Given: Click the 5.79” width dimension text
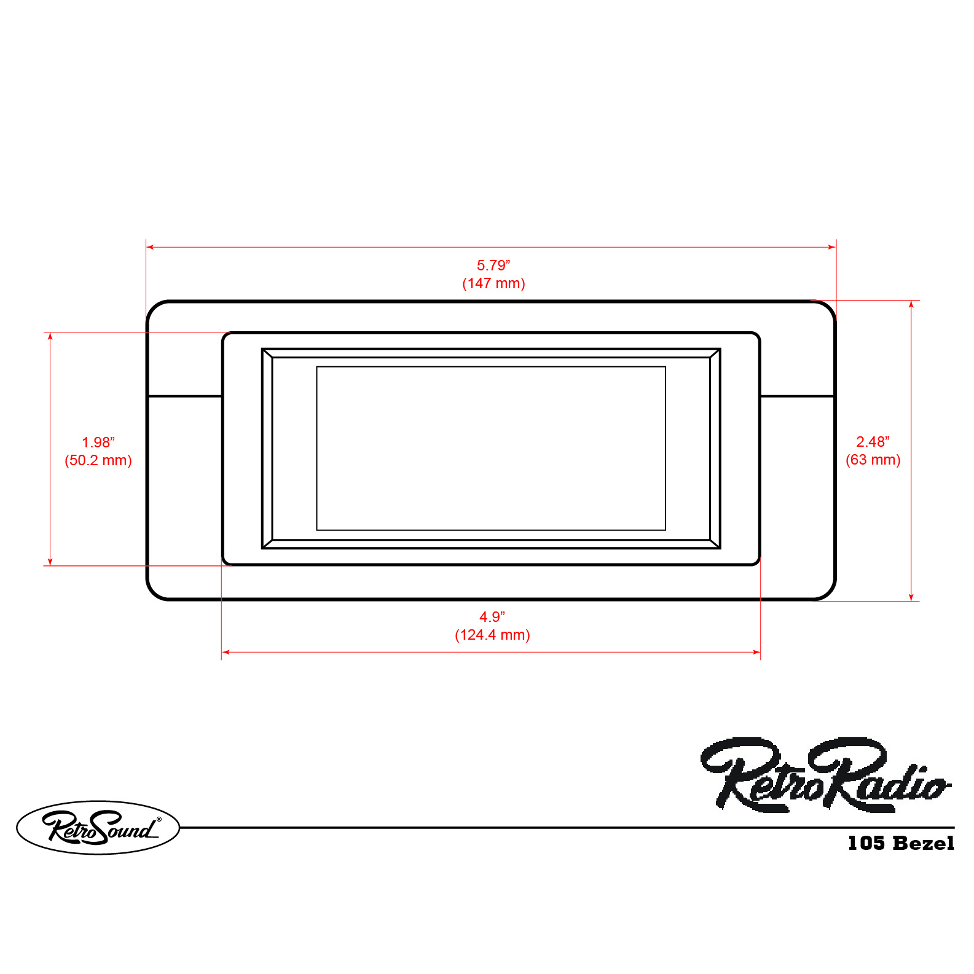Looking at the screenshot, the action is (493, 265).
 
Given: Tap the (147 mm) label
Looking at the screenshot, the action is (493, 283).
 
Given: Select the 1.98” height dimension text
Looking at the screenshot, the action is (98, 442).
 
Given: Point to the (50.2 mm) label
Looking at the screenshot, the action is (98, 460).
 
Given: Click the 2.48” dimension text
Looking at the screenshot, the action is (873, 442).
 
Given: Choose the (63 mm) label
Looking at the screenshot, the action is (873, 460).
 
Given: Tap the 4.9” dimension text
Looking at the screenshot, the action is (492, 617).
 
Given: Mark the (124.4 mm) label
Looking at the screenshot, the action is (492, 635).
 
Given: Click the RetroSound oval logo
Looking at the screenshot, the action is (98, 827).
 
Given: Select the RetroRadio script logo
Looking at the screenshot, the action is (825, 774).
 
